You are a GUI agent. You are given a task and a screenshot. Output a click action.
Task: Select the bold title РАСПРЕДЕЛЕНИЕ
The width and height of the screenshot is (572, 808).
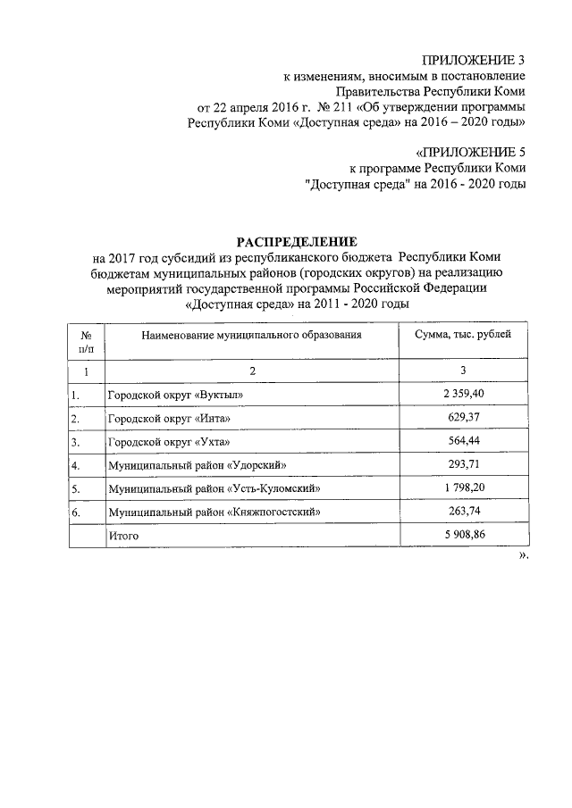coord(295,241)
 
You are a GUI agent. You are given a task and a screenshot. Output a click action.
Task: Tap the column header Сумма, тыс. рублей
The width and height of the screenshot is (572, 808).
coord(463,335)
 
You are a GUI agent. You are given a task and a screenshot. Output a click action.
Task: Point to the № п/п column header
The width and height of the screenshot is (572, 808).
coord(88,341)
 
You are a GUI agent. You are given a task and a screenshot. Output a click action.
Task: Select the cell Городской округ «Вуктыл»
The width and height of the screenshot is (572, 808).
coord(175,395)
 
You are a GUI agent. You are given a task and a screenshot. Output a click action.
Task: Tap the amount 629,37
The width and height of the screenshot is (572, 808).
coord(463,418)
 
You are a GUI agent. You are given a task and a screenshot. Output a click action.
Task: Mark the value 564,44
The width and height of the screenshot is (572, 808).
coord(463,441)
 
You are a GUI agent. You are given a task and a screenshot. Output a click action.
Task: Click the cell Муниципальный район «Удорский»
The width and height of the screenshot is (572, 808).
coord(198,466)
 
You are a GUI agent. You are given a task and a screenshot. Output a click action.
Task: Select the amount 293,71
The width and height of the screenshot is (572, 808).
coord(463,464)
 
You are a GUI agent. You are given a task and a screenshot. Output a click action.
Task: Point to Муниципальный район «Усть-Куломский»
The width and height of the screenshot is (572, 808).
coord(214,489)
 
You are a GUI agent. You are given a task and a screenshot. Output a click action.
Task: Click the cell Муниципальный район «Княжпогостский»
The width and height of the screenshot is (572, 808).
coord(214,512)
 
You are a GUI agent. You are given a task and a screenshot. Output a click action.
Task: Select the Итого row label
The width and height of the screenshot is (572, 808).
coord(123,537)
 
